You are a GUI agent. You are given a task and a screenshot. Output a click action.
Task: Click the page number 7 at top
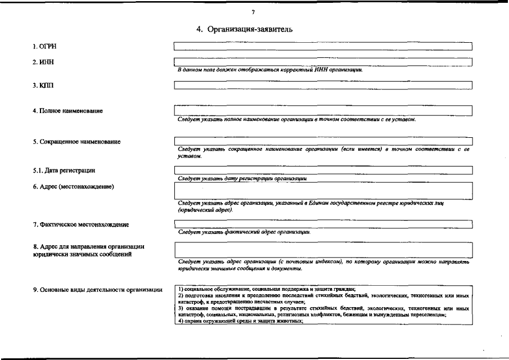[254, 12]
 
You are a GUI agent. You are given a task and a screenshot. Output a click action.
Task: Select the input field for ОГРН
[323, 46]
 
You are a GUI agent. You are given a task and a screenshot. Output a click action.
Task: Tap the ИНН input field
[323, 61]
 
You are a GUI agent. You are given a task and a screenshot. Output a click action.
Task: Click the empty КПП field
[323, 85]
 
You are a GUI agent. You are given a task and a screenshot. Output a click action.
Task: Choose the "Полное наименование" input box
[323, 110]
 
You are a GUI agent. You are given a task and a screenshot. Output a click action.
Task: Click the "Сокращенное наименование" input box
[323, 141]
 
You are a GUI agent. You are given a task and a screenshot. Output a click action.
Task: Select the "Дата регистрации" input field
[323, 170]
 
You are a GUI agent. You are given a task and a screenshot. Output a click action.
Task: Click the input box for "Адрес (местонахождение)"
[323, 191]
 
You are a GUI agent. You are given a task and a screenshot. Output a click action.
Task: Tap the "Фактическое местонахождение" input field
[323, 224]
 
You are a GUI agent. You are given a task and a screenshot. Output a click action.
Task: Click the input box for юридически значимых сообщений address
[323, 250]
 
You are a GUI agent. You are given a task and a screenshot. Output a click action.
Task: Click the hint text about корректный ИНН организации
[270, 70]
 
